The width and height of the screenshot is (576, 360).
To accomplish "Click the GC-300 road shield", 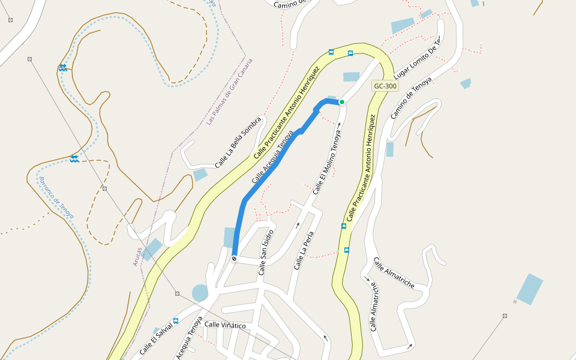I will (385, 86).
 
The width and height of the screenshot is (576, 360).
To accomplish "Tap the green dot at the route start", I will (342, 102).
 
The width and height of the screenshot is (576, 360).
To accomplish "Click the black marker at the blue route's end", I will (234, 259).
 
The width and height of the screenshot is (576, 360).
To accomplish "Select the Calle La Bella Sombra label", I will (238, 142).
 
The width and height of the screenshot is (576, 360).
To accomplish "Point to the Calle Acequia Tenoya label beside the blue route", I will (272, 157).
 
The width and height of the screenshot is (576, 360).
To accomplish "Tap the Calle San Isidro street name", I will (266, 252).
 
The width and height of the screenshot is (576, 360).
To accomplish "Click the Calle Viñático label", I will (225, 325).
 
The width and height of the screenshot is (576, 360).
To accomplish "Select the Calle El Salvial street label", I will (155, 340).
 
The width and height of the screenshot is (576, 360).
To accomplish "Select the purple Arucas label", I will (138, 257).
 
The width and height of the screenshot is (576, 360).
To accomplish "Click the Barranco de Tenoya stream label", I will (56, 197).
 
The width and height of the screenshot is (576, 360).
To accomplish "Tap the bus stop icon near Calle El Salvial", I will (176, 321).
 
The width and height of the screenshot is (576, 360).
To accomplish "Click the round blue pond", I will (200, 293).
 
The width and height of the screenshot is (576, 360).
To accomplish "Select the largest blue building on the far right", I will (530, 289).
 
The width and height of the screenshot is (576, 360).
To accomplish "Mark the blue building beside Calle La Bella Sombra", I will (200, 175).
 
